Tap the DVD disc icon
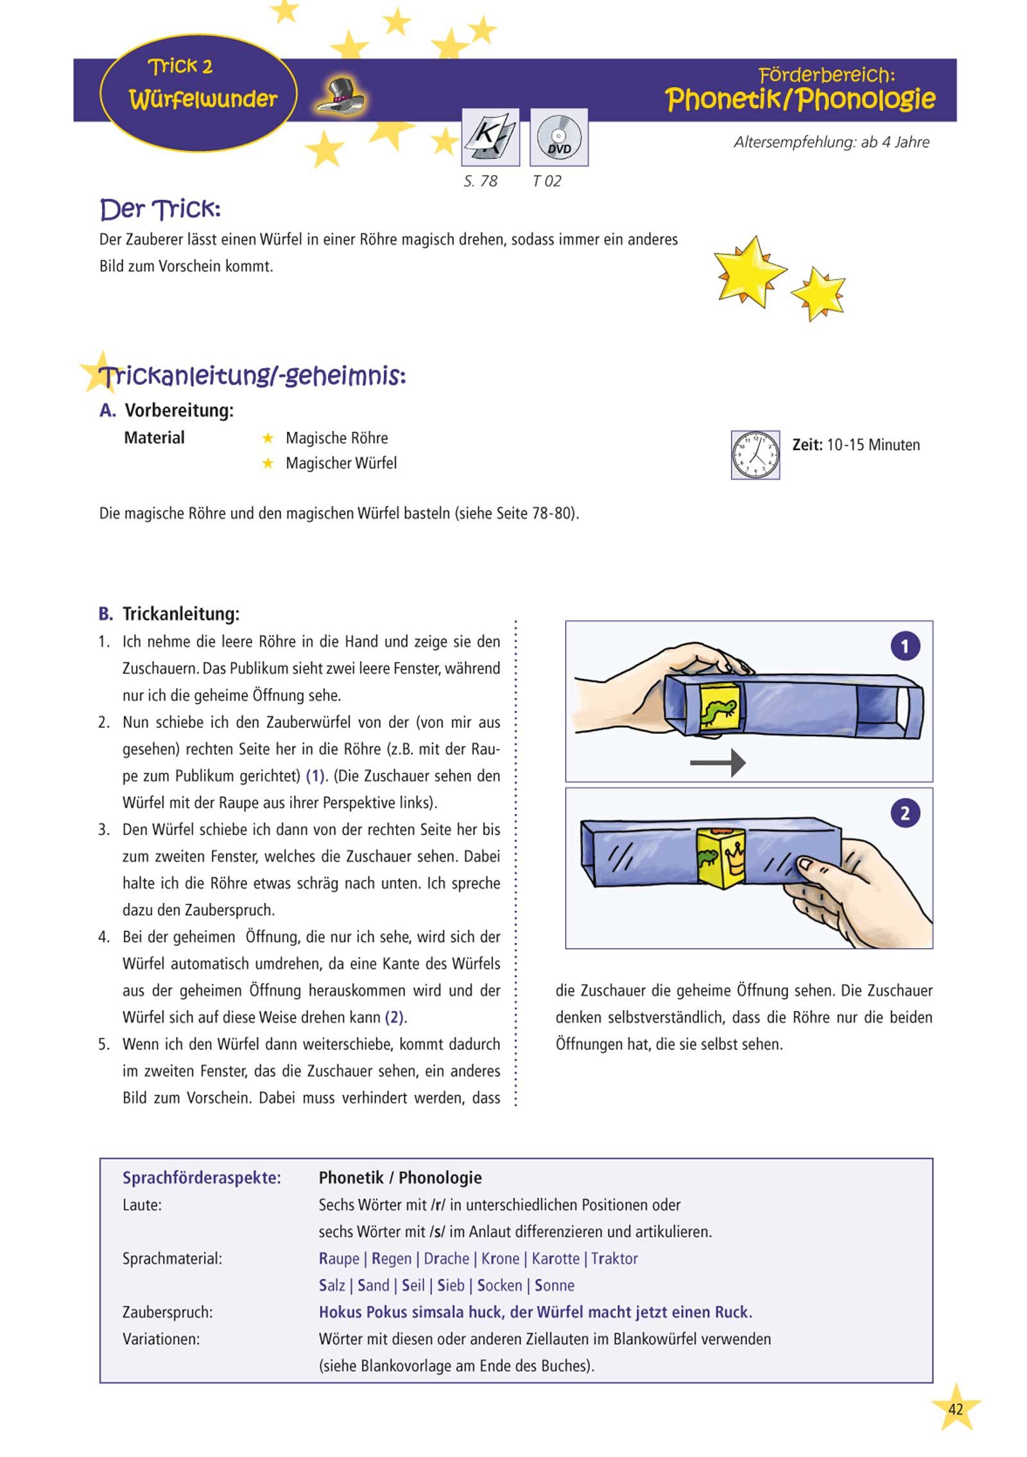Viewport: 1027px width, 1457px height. coord(558,137)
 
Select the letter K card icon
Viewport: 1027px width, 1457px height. coord(490,137)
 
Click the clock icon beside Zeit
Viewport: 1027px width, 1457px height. coord(755,454)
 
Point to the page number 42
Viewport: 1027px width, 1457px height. coord(955,1409)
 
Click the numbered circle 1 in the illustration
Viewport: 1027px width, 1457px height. coord(905,646)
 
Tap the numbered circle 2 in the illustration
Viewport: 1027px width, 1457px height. coord(905,813)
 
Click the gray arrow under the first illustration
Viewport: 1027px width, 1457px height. coord(718,763)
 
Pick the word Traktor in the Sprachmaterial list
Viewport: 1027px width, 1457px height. coord(614,1259)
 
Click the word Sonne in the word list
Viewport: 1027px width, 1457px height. coord(554,1286)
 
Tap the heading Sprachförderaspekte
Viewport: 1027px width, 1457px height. coord(202,1178)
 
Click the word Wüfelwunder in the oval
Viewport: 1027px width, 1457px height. coord(203,99)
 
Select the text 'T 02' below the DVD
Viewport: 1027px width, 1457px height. coord(547,182)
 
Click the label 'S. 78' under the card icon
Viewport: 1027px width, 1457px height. coord(481,182)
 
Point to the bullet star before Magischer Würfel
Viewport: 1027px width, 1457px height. coord(268,463)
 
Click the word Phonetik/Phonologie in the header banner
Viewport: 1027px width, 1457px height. coord(800,99)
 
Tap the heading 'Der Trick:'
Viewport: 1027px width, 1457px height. coord(160,209)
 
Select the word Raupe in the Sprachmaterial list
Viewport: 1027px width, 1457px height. coord(339,1259)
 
